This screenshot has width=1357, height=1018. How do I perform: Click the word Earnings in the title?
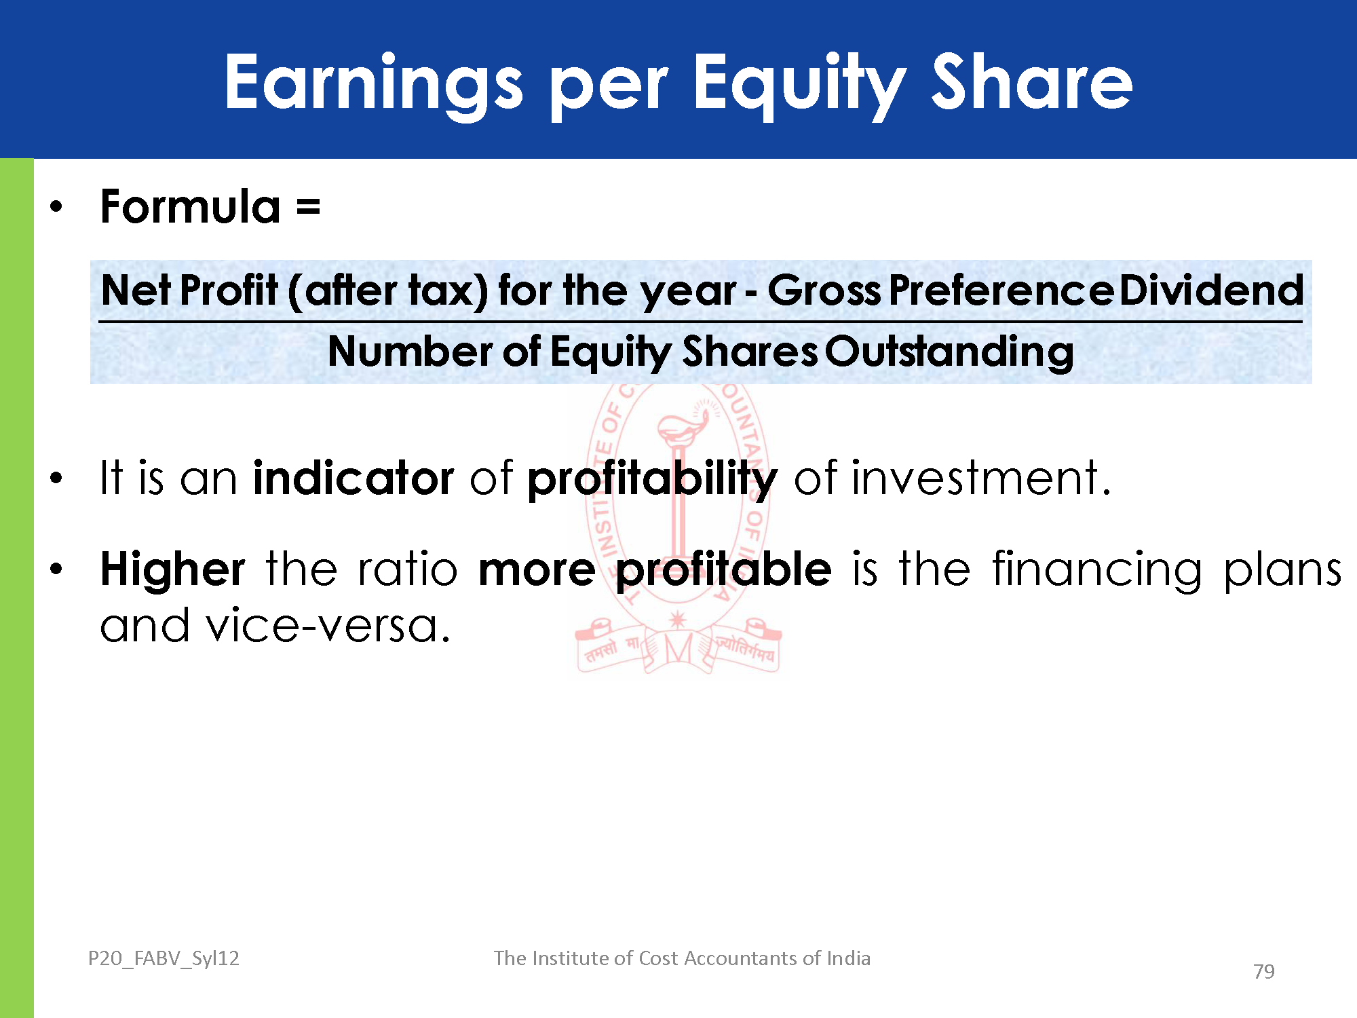[374, 82]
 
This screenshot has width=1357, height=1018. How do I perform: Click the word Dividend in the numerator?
[1211, 290]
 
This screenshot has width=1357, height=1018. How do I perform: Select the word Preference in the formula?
[1001, 290]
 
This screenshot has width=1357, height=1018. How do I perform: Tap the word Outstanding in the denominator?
[949, 352]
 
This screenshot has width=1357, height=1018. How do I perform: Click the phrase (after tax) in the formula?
[387, 290]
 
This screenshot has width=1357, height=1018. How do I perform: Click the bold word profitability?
[652, 479]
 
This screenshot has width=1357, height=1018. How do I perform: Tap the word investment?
[981, 478]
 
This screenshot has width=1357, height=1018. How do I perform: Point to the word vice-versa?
[328, 626]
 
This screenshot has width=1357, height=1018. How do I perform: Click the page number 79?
[1264, 972]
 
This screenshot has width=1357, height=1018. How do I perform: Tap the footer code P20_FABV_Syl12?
[164, 958]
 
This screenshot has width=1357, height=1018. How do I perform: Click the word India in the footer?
[848, 958]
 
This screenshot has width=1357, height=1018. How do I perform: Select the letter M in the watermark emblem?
[678, 649]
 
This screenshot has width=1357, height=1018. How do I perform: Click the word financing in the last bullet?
[1097, 571]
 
